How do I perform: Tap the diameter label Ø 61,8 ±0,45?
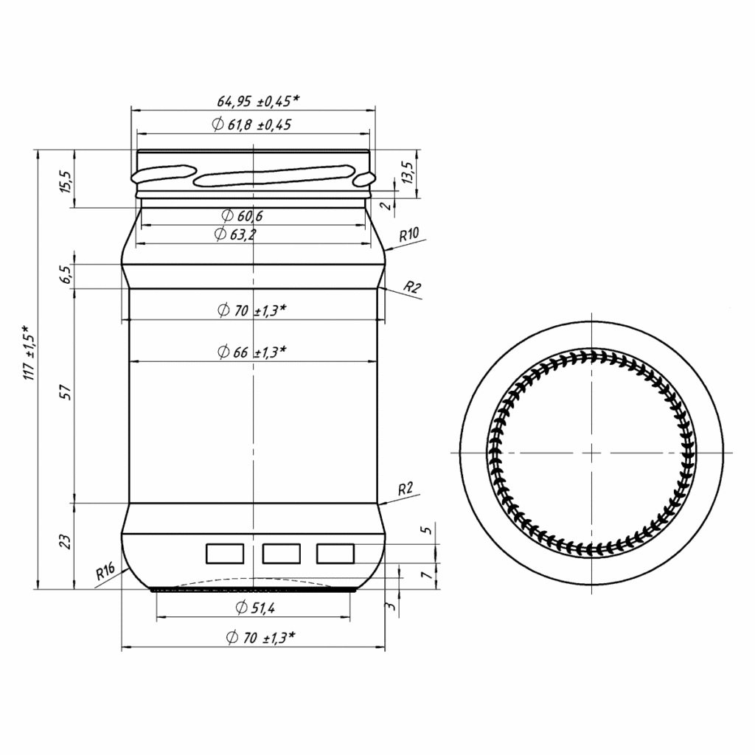(x=251, y=125)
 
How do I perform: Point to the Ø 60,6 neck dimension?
(x=243, y=216)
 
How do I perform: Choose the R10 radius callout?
(x=409, y=236)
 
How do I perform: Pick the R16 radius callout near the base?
(x=105, y=571)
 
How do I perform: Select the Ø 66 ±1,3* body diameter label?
(x=251, y=352)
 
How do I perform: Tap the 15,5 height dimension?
(x=66, y=181)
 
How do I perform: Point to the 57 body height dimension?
(x=66, y=392)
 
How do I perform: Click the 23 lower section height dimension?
(x=66, y=542)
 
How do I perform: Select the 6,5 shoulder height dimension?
(x=66, y=275)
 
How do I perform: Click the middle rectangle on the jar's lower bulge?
(x=281, y=552)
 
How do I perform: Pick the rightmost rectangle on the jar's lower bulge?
(x=335, y=552)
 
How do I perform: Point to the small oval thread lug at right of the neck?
(x=363, y=179)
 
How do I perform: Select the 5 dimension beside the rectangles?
(x=423, y=531)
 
